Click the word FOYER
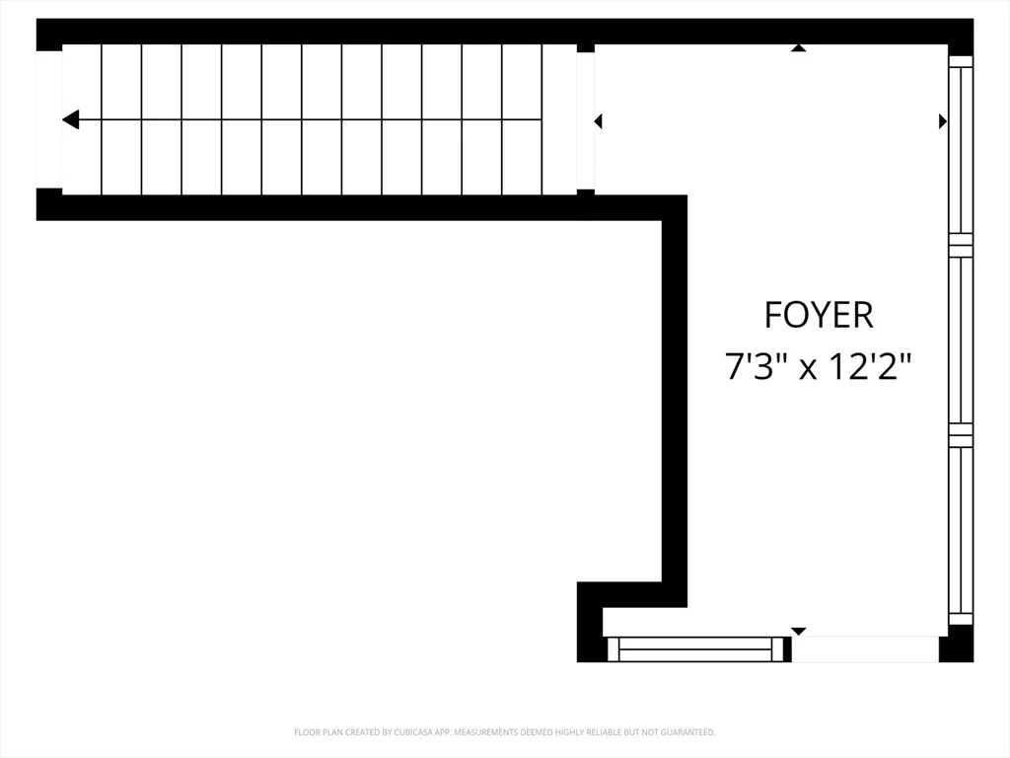coord(818,315)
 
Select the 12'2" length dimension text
coord(870,366)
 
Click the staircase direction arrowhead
coord(70,119)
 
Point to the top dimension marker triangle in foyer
coord(799,47)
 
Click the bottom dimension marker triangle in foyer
coord(799,632)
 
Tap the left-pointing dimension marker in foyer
coord(598,120)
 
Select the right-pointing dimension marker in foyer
coord(943,120)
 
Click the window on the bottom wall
coord(699,649)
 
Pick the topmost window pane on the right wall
coord(961,145)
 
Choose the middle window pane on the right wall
coord(961,340)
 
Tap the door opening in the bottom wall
coord(865,649)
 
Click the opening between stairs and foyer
coord(586,120)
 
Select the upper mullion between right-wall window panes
coord(961,245)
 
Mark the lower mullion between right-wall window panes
coord(961,435)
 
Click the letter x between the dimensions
coord(808,371)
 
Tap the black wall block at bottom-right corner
coord(956,649)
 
